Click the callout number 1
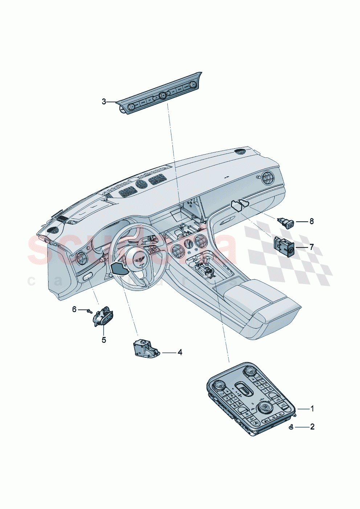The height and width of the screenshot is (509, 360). pyautogui.click(x=312, y=409)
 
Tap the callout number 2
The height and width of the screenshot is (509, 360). pyautogui.click(x=312, y=427)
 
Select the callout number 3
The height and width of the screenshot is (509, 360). pyautogui.click(x=104, y=102)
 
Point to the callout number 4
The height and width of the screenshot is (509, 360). pyautogui.click(x=180, y=352)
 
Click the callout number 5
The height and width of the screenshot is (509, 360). pyautogui.click(x=104, y=340)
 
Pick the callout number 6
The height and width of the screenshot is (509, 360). pyautogui.click(x=74, y=309)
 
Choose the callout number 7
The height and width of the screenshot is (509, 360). pyautogui.click(x=311, y=247)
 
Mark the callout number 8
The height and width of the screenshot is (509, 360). pyautogui.click(x=311, y=221)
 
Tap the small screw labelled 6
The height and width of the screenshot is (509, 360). pyautogui.click(x=90, y=311)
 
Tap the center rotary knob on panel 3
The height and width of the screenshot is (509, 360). pyautogui.click(x=162, y=95)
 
